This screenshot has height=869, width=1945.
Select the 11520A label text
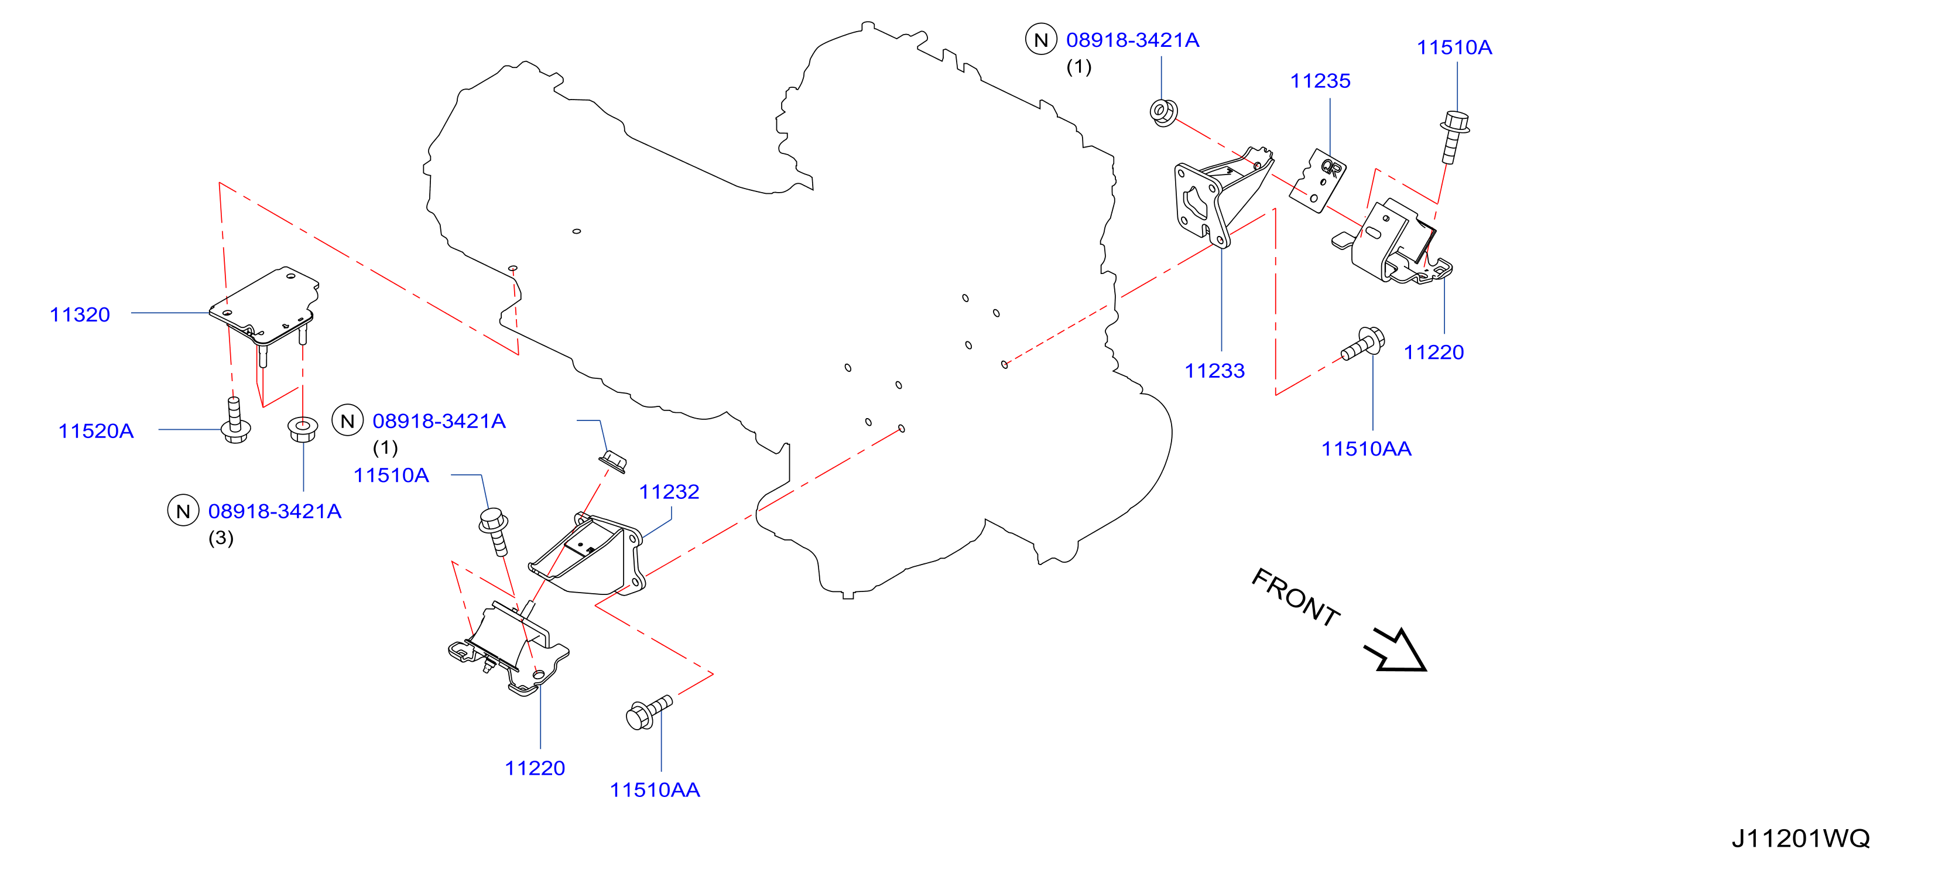tap(96, 430)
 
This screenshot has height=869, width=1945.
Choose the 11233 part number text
tap(1214, 371)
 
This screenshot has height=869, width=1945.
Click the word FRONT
tap(1296, 597)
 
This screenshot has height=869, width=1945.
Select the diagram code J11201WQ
tap(1801, 838)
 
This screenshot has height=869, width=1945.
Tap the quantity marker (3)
tap(221, 538)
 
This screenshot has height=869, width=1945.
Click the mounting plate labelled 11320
tap(264, 306)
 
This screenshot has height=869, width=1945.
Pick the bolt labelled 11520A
tap(235, 421)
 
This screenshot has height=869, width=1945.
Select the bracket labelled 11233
tap(1220, 198)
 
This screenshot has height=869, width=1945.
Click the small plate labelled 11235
tap(1317, 181)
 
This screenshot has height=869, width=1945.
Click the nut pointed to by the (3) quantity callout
tap(303, 429)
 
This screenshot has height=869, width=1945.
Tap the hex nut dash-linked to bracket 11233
tap(1163, 112)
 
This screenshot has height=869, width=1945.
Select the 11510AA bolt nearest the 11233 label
tap(1363, 344)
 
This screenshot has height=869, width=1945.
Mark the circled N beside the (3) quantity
tap(183, 511)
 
